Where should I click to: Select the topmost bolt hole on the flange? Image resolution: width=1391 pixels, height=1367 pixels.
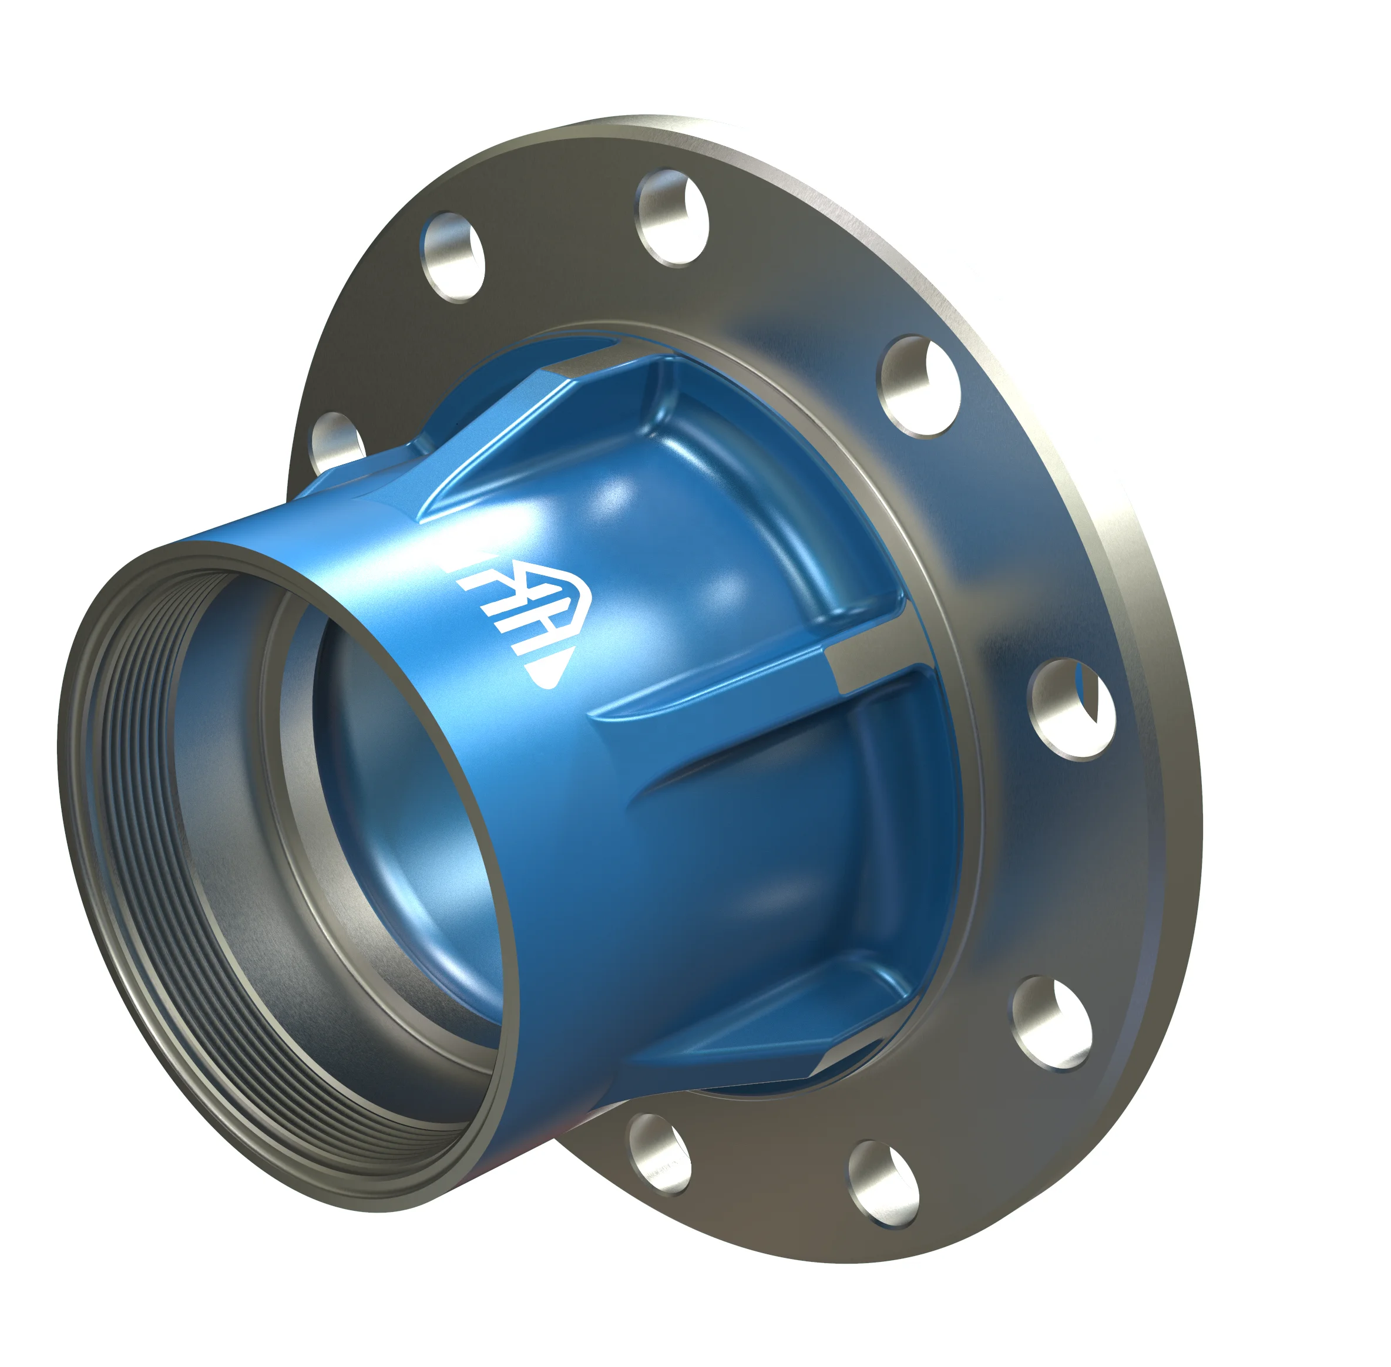pyautogui.click(x=672, y=217)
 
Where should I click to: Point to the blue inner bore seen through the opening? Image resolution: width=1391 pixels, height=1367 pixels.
pyautogui.click(x=402, y=826)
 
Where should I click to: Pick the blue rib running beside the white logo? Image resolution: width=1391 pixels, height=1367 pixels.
pyautogui.click(x=488, y=460)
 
